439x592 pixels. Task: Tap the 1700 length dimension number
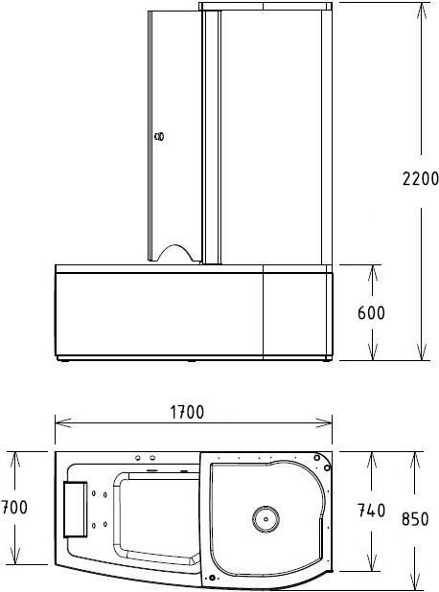(187, 413)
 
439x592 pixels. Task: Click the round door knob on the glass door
(161, 137)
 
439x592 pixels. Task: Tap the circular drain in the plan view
(266, 519)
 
